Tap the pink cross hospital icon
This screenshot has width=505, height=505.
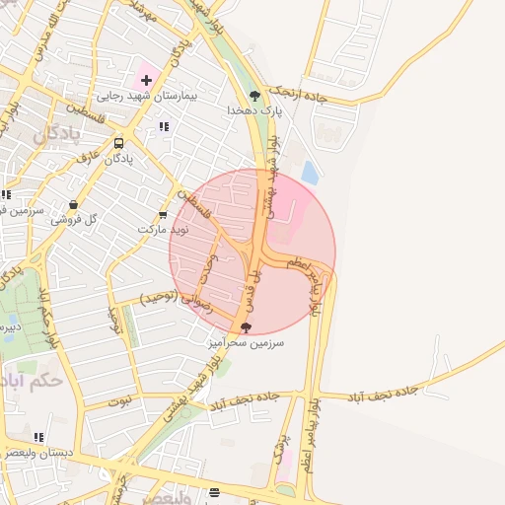pyautogui.click(x=146, y=79)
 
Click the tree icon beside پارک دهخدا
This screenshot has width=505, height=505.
pyautogui.click(x=254, y=96)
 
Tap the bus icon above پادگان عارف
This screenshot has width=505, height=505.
pyautogui.click(x=118, y=142)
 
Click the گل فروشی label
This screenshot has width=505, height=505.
pyautogui.click(x=77, y=220)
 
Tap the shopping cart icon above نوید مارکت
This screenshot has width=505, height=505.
pyautogui.click(x=163, y=214)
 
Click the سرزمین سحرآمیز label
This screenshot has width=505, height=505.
pyautogui.click(x=245, y=343)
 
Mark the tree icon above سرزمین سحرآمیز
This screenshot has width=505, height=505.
pyautogui.click(x=246, y=327)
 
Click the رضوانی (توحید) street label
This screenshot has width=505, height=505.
pyautogui.click(x=174, y=296)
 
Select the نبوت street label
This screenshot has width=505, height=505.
pyautogui.click(x=119, y=401)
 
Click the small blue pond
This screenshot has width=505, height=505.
pyautogui.click(x=310, y=174)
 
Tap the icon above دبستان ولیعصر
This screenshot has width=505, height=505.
pyautogui.click(x=38, y=436)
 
